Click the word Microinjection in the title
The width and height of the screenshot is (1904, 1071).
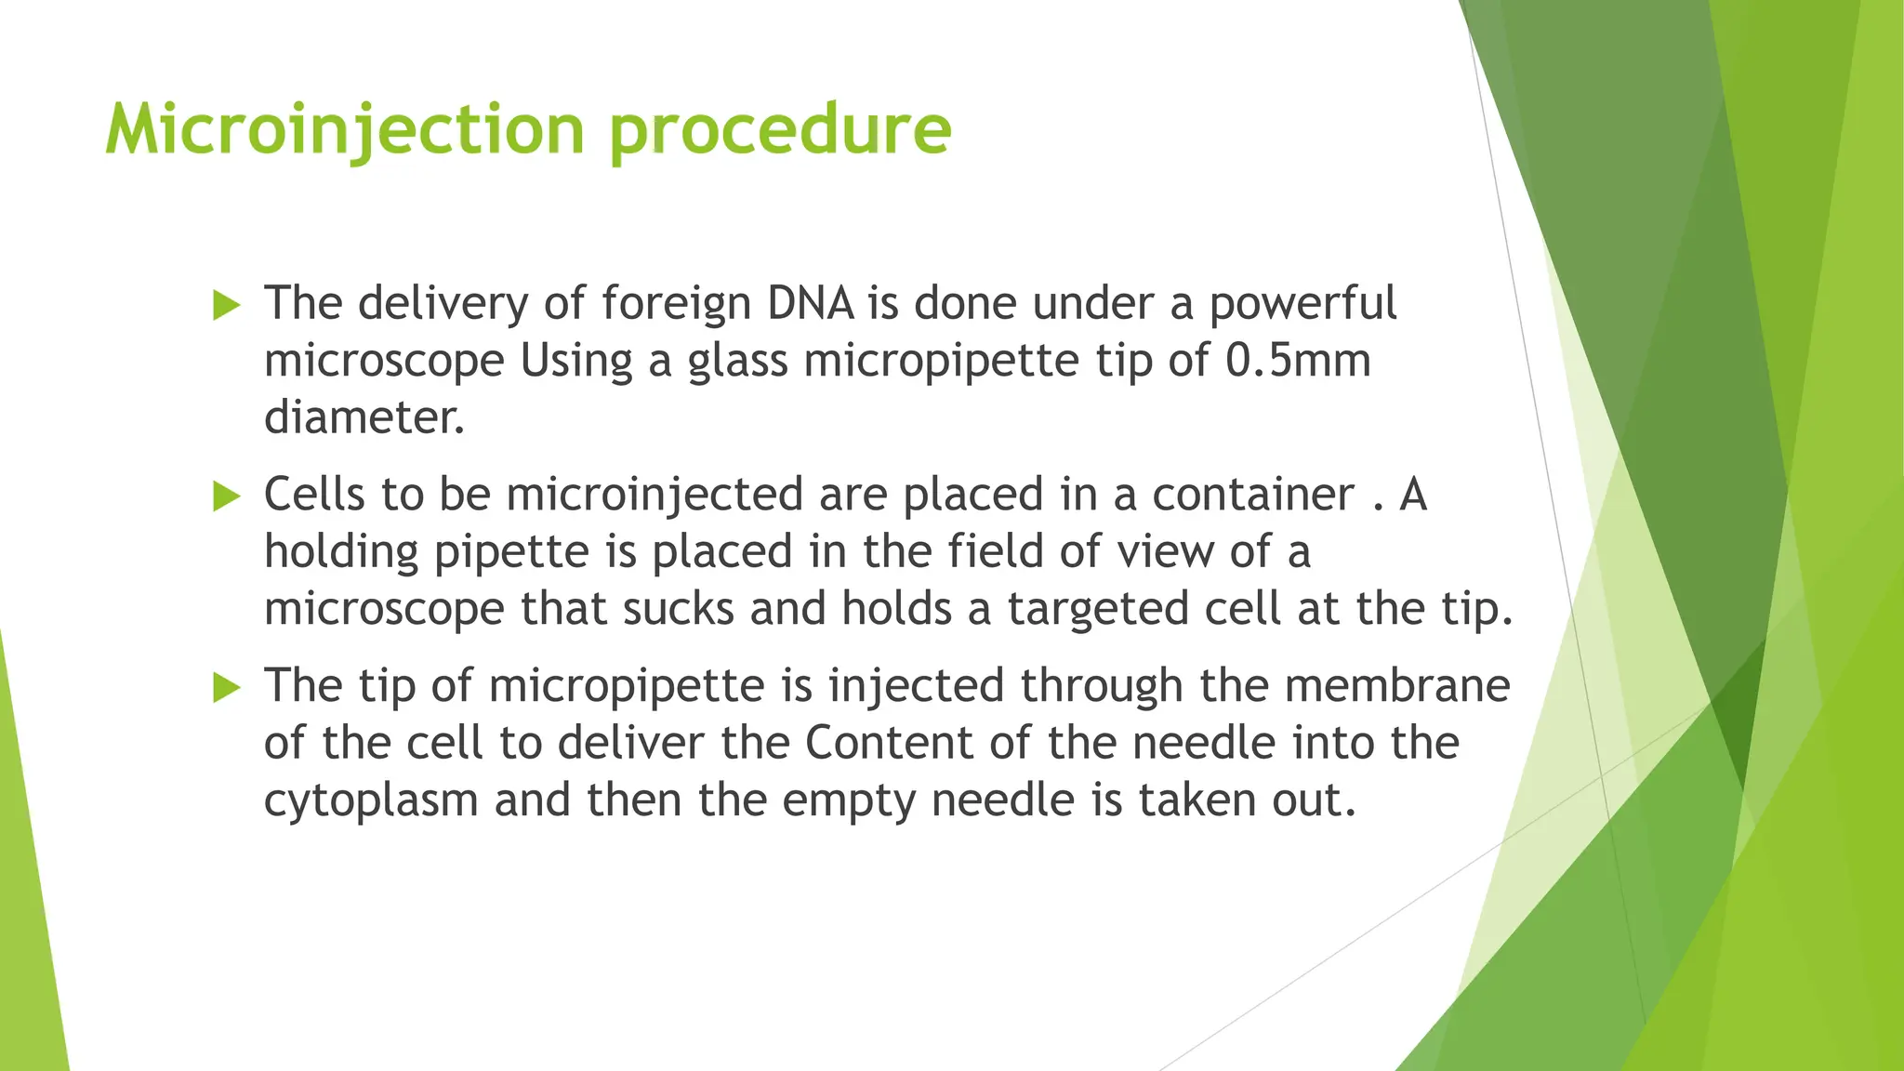click(x=345, y=130)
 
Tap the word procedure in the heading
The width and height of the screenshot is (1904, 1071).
click(x=781, y=130)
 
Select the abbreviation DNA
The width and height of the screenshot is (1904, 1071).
click(x=810, y=303)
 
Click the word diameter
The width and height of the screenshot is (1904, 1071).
click(x=364, y=417)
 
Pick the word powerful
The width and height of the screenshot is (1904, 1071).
click(x=1302, y=303)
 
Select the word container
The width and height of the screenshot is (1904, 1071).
click(x=1252, y=494)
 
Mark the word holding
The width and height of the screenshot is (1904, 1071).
click(x=341, y=552)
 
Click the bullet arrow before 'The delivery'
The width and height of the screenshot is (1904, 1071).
click(x=227, y=305)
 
